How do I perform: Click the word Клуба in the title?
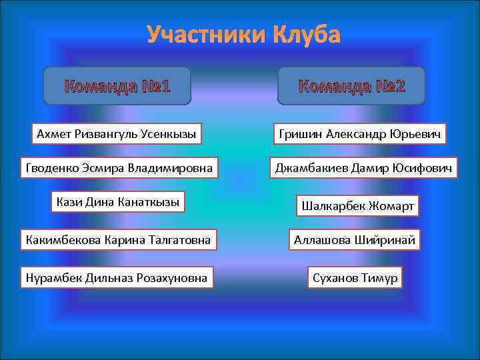(305, 35)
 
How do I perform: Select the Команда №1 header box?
(117, 86)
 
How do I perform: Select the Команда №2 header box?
(351, 86)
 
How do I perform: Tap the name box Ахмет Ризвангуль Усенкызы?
(117, 135)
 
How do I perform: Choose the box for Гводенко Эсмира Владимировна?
(119, 169)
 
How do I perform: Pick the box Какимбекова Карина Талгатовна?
(117, 239)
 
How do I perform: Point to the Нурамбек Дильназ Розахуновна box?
(116, 276)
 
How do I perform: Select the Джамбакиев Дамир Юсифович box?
(364, 169)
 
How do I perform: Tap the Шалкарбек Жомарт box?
(358, 206)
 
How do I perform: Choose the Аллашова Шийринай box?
(355, 239)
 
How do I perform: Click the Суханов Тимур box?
(355, 277)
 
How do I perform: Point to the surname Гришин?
(298, 135)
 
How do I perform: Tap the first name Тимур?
(380, 277)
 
